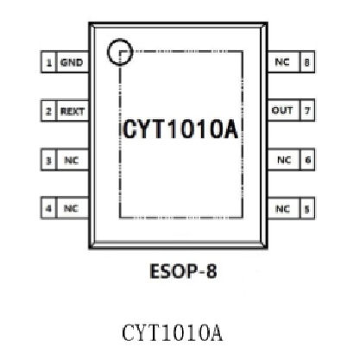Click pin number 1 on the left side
click(x=49, y=62)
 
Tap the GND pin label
click(x=72, y=62)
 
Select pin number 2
click(x=48, y=111)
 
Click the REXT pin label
click(x=73, y=111)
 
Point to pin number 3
click(x=48, y=160)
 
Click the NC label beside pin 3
click(x=72, y=160)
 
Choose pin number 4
click(x=48, y=208)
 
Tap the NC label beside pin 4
click(x=71, y=208)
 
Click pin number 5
click(x=307, y=209)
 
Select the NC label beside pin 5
click(x=282, y=209)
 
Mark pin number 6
click(x=308, y=160)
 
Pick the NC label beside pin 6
click(x=284, y=160)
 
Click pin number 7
click(x=307, y=111)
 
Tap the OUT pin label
click(x=282, y=111)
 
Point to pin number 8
click(x=306, y=62)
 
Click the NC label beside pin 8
click(x=282, y=62)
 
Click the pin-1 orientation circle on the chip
click(x=108, y=52)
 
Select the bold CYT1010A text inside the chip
click(x=180, y=129)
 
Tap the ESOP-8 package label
click(x=183, y=271)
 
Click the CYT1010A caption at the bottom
click(x=172, y=333)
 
